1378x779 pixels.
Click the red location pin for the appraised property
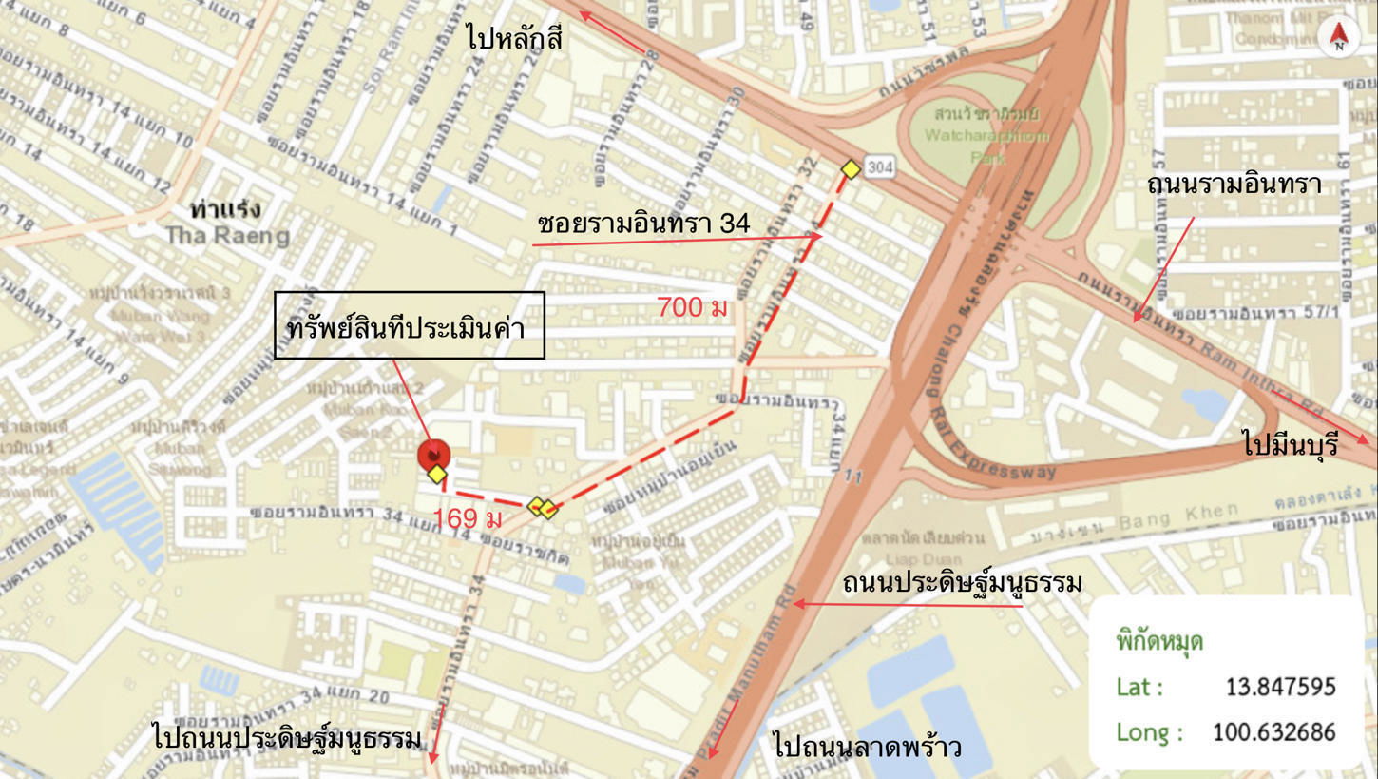(433, 455)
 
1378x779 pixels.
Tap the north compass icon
(1338, 36)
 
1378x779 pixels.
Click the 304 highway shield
(880, 167)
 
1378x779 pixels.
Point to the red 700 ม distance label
(693, 307)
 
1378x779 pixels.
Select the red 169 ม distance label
(467, 518)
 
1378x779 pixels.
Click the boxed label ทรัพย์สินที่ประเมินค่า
(409, 326)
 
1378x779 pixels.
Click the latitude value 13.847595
(1280, 686)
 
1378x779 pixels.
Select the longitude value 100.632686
(1273, 731)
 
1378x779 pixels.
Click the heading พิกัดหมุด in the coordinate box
(1159, 640)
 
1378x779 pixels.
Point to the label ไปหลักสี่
(515, 39)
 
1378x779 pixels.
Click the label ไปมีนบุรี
(1290, 443)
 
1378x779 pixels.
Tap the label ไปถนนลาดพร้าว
(867, 746)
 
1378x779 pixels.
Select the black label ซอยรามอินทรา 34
(643, 224)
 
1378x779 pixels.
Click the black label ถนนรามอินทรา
(1234, 184)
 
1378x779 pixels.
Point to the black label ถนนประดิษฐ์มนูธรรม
(962, 582)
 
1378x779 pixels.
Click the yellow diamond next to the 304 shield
(851, 169)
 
